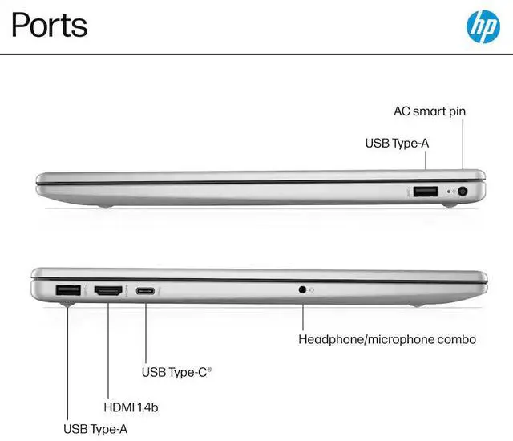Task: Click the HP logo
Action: click(483, 26)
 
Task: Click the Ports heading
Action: click(50, 26)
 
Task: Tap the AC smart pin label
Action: click(430, 111)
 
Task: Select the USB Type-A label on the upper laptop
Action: click(398, 144)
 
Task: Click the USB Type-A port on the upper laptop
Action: click(426, 191)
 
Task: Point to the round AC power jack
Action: click(463, 191)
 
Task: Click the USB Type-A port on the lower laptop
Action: click(67, 290)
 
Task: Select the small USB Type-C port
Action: click(146, 290)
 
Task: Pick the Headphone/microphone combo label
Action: click(387, 339)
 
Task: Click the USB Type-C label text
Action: click(176, 372)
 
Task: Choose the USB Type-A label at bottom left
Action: click(96, 429)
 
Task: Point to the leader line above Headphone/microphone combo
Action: click(302, 313)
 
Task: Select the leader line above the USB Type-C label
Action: click(146, 329)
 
